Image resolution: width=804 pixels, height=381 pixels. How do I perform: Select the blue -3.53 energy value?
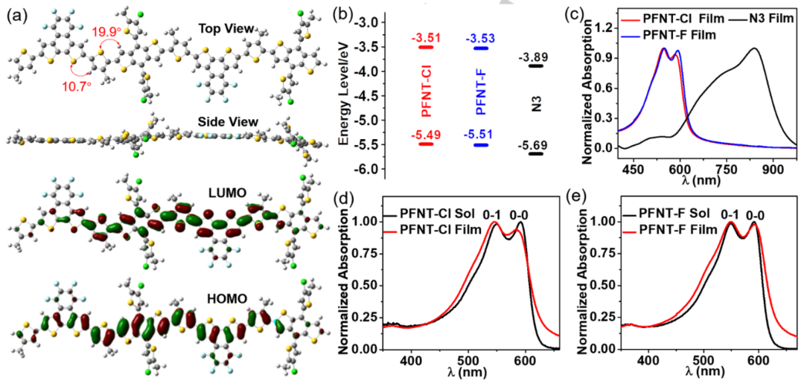pos(482,36)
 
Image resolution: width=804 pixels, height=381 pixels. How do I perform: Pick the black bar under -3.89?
pos(536,66)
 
